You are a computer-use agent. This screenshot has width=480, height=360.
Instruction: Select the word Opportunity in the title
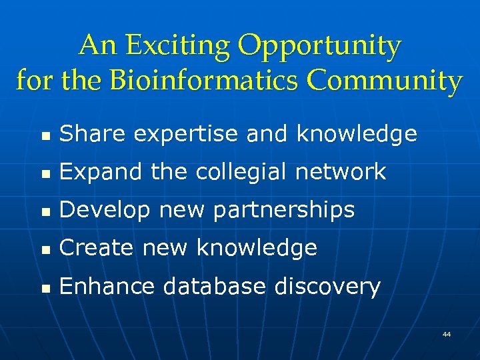click(320, 46)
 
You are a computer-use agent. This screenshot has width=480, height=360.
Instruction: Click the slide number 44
click(446, 333)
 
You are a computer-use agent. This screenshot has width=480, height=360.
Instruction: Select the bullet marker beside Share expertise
click(44, 136)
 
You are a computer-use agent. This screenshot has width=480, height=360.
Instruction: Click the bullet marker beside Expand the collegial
click(44, 173)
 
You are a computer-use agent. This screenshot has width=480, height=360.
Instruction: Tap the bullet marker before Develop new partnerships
click(44, 212)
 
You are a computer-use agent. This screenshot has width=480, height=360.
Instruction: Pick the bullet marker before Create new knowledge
click(44, 249)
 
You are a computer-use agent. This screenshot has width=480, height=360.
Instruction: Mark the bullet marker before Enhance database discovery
click(44, 288)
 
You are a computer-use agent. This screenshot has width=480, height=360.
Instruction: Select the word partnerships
click(287, 211)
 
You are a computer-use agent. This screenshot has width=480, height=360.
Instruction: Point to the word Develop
click(101, 211)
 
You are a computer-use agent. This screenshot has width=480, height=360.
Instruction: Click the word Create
click(96, 248)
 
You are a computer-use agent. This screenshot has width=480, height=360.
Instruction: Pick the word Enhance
click(106, 287)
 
